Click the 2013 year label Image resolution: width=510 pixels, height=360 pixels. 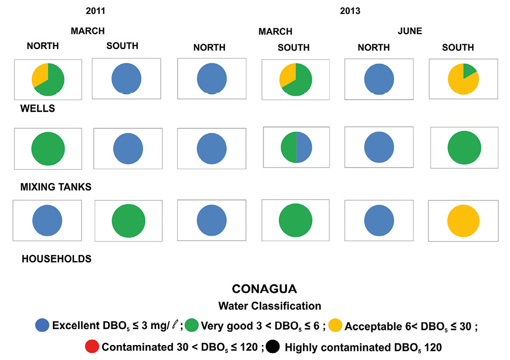pos(350,11)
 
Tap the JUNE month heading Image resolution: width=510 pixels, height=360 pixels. pos(410,31)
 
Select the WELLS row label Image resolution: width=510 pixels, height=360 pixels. pos(38,109)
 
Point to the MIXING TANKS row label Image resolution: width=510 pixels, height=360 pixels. pos(56,187)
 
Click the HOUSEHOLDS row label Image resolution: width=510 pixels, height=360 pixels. pos(57,259)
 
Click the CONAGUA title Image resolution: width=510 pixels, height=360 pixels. pos(264,289)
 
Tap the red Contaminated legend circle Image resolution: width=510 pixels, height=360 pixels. pos(92,347)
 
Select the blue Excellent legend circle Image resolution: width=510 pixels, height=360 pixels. pos(42,325)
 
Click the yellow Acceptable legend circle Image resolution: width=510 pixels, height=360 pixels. pos(335,325)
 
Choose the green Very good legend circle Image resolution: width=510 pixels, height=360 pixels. pos(192,325)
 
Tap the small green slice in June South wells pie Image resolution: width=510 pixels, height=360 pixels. pos(470,70)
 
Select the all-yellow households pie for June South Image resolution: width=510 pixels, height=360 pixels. pos(463,221)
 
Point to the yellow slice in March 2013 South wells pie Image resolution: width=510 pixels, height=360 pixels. pos(286,75)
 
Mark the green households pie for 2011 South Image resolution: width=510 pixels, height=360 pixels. pos(129,220)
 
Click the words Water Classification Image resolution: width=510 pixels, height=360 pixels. pos(269,306)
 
